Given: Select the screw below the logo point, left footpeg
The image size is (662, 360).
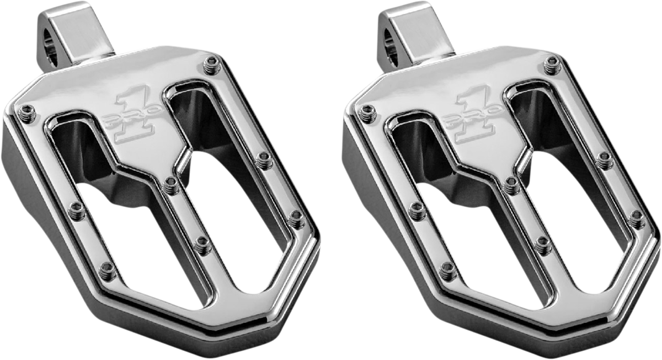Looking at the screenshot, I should (171, 185).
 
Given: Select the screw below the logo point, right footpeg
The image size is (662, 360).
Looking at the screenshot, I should (511, 185).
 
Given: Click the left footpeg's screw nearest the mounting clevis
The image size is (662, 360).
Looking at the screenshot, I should (212, 65).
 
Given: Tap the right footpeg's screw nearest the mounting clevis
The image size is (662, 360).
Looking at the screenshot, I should (552, 65).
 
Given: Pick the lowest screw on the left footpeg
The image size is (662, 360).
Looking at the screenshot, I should (108, 270).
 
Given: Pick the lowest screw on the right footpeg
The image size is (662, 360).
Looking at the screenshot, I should (448, 270).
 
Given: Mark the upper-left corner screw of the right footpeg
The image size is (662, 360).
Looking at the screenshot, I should (367, 112).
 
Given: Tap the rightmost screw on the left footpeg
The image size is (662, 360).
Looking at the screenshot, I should (297, 218).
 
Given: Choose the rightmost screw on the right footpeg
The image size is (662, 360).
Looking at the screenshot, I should (637, 218).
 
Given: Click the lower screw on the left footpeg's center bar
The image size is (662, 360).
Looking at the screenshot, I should (202, 245).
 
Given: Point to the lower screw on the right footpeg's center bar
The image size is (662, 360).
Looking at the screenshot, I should (543, 245).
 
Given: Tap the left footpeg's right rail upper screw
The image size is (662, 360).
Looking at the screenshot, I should (265, 160).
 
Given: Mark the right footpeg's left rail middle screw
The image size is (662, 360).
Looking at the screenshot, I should (417, 210).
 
